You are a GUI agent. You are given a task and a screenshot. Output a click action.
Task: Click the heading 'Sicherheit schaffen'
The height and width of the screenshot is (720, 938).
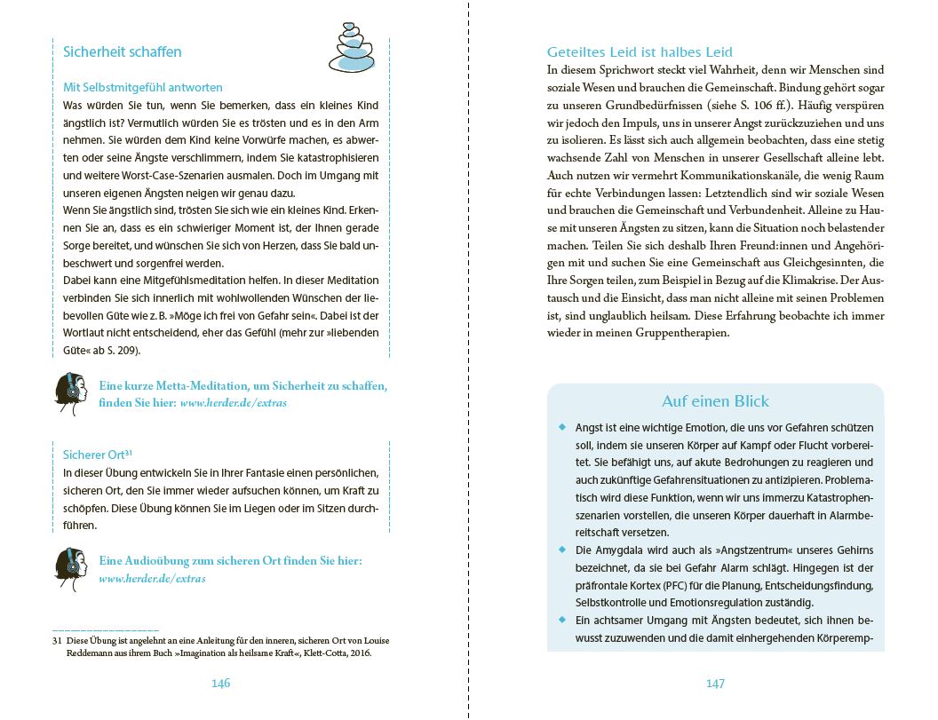(x=122, y=51)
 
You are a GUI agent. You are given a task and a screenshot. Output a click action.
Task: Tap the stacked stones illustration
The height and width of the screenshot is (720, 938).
(x=351, y=48)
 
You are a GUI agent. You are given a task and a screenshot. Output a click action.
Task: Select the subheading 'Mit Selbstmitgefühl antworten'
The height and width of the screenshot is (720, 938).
(x=143, y=87)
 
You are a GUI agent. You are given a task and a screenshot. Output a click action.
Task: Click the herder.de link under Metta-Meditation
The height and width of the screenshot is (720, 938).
(x=233, y=402)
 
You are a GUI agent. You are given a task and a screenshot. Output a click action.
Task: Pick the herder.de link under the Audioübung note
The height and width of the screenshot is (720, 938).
(x=152, y=578)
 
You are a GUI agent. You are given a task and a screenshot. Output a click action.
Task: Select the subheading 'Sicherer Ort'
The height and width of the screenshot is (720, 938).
(x=98, y=455)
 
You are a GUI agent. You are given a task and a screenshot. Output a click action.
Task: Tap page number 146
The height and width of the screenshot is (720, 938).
(x=220, y=683)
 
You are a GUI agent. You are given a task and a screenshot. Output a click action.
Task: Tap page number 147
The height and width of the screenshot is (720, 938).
(x=715, y=683)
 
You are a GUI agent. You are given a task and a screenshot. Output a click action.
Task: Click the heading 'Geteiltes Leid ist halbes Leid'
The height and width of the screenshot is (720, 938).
(x=640, y=52)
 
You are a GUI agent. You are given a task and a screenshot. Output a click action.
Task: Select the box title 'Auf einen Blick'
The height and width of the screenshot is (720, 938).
(x=715, y=401)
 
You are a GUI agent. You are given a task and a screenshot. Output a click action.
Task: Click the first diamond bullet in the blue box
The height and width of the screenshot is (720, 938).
(x=562, y=427)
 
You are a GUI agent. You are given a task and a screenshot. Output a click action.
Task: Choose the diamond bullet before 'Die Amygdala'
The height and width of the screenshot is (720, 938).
(x=562, y=550)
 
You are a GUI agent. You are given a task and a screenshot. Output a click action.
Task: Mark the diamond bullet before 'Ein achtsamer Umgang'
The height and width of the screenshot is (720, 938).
(x=562, y=619)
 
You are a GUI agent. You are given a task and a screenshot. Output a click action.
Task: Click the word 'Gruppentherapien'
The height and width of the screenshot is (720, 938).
(x=678, y=333)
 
